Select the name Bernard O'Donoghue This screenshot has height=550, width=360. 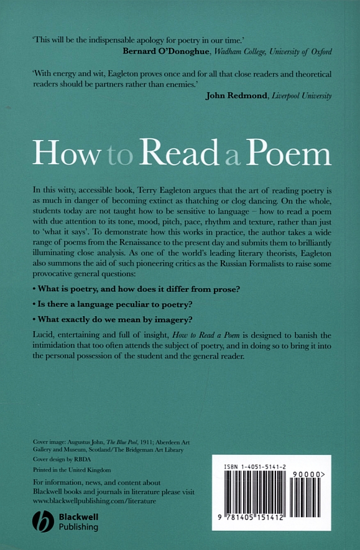[x=160, y=51]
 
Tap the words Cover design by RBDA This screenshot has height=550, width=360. [x=60, y=459]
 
